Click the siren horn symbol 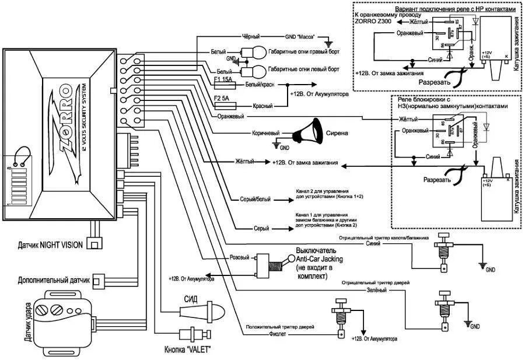(x=307, y=132)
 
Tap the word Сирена (x=337, y=133)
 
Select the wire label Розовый (x=240, y=257)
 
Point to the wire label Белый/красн (x=261, y=85)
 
